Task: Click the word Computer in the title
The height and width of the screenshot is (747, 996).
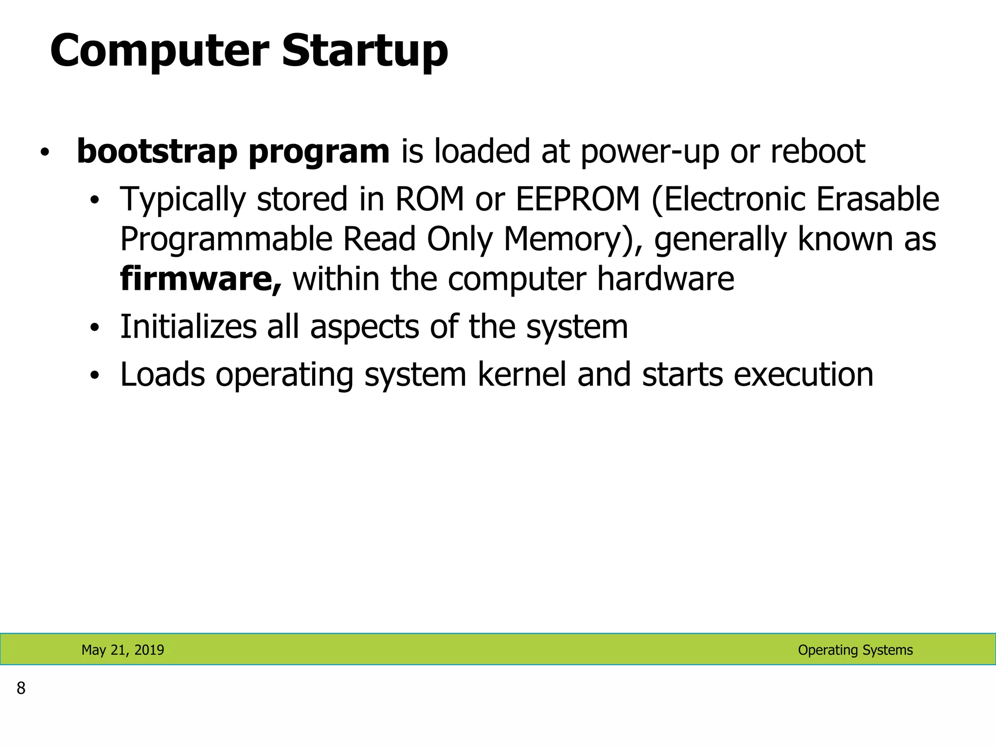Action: [x=159, y=51]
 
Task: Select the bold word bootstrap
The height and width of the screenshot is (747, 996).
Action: [x=157, y=151]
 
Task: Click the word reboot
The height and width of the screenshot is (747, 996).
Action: [x=818, y=151]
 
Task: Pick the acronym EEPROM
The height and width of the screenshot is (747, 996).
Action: [x=577, y=199]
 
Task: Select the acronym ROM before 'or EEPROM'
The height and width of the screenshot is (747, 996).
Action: [x=429, y=199]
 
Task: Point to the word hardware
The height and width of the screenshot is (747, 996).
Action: [x=665, y=279]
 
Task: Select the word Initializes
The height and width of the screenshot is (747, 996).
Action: [x=188, y=327]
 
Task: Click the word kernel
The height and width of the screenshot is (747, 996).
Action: [x=522, y=375]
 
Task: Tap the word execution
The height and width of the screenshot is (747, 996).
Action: [x=803, y=375]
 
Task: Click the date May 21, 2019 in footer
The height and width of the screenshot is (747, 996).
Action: [x=123, y=650]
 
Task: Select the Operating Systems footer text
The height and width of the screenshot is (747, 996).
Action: [x=855, y=650]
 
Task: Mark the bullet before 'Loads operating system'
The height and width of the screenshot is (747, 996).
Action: [x=94, y=375]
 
